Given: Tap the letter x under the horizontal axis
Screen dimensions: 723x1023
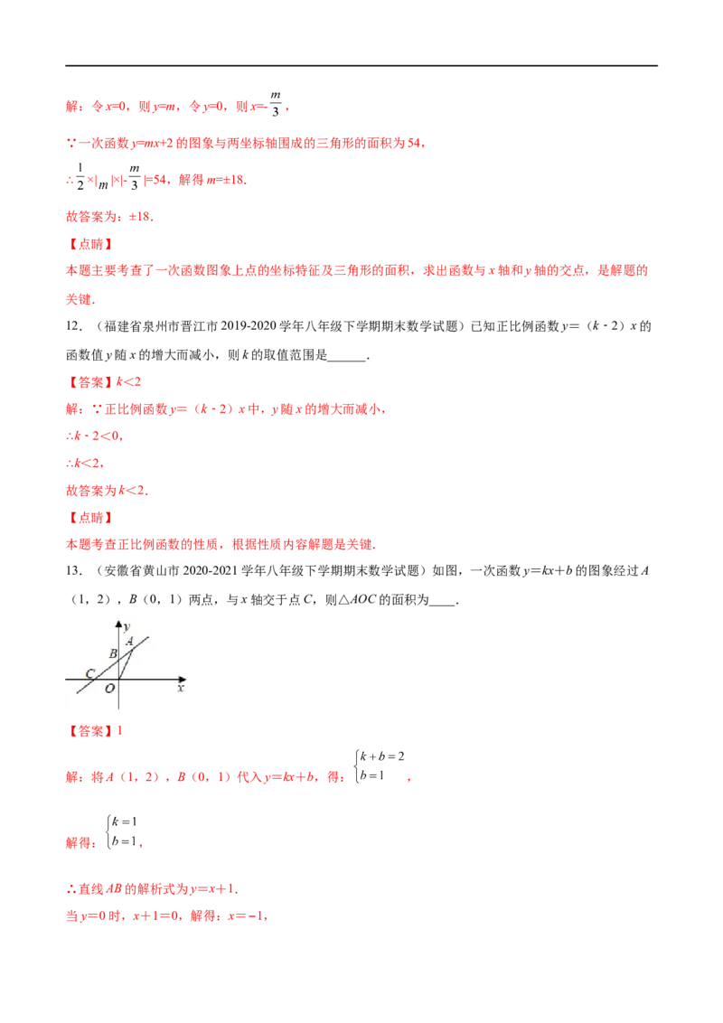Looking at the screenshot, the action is point(180,689).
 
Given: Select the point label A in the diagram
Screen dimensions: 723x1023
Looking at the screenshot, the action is point(130,641).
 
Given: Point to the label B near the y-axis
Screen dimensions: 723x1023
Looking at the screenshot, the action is point(113,653).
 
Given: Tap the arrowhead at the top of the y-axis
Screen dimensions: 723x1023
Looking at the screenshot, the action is point(119,624).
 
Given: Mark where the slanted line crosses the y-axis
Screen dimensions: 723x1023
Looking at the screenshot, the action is point(119,661).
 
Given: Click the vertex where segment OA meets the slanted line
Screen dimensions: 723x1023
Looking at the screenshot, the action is point(132,650).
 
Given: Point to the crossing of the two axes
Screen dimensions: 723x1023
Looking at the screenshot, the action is point(119,679).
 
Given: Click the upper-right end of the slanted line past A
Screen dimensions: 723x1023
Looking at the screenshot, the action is point(148,636).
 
